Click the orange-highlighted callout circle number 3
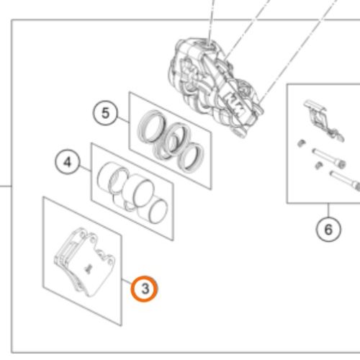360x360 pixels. pyautogui.click(x=144, y=289)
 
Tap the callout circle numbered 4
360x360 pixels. pyautogui.click(x=68, y=162)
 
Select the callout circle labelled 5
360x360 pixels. pyautogui.click(x=105, y=113)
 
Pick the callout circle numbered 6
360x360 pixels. pyautogui.click(x=328, y=229)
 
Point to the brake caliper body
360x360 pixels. pyautogui.click(x=215, y=86)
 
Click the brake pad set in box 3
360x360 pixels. pyautogui.click(x=84, y=261)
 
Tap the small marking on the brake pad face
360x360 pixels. pyautogui.click(x=88, y=269)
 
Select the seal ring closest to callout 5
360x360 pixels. pyautogui.click(x=152, y=127)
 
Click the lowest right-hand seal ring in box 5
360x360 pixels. pyautogui.click(x=192, y=157)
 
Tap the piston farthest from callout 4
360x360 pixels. pyautogui.click(x=157, y=210)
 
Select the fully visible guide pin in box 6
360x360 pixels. pyautogui.click(x=329, y=158)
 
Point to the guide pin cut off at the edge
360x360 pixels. pyautogui.click(x=345, y=180)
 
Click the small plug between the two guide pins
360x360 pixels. pyautogui.click(x=319, y=166)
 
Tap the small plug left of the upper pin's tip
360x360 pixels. pyautogui.click(x=301, y=143)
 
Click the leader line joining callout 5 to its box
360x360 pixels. pyautogui.click(x=123, y=120)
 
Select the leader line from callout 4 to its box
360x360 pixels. pyautogui.click(x=86, y=168)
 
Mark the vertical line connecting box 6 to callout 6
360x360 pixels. pyautogui.click(x=328, y=210)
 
